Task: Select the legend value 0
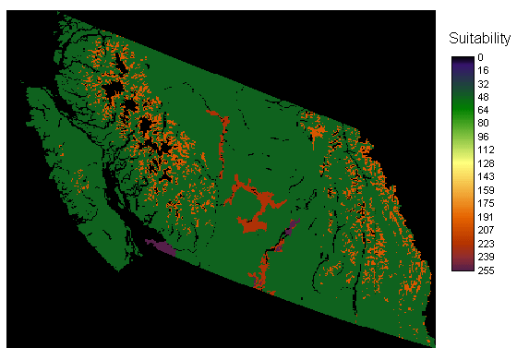tap(481, 57)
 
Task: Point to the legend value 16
tap(484, 70)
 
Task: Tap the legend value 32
tap(484, 83)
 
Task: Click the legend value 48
tap(484, 96)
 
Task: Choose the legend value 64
tap(484, 110)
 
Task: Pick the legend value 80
tap(484, 123)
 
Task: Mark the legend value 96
tap(484, 136)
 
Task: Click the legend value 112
tap(487, 150)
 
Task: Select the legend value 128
tap(487, 162)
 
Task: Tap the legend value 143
tap(487, 175)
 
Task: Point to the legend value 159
tap(487, 188)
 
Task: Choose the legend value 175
tap(487, 202)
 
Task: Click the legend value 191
tap(487, 215)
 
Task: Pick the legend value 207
tap(487, 228)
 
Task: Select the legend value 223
tap(487, 242)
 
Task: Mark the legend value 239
tap(487, 255)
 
